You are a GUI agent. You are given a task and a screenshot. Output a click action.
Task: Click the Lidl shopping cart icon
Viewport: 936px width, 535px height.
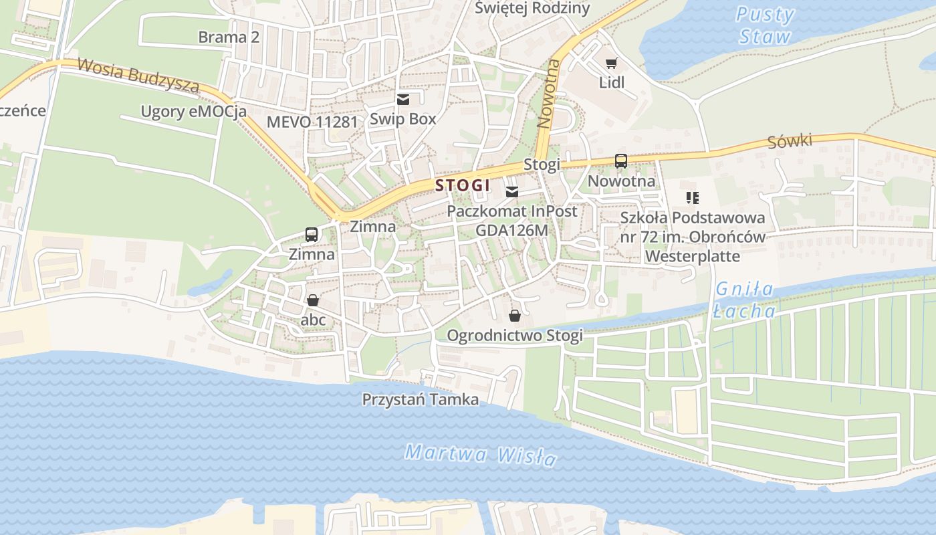click(x=611, y=64)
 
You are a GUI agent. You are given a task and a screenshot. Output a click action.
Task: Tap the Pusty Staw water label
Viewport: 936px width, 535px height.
click(x=765, y=25)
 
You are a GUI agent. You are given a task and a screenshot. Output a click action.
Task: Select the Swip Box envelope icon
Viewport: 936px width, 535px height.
click(x=403, y=100)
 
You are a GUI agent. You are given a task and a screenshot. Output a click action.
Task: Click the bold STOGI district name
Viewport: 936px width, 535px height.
click(x=463, y=185)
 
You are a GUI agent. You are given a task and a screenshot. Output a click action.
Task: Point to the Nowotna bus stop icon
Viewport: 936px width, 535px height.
click(x=621, y=161)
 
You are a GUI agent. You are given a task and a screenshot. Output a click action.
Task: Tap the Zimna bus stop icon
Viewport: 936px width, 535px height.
click(x=312, y=235)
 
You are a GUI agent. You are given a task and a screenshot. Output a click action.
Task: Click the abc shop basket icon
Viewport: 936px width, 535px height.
click(x=313, y=300)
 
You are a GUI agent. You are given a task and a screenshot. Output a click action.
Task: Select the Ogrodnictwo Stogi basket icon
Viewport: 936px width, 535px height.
click(x=515, y=315)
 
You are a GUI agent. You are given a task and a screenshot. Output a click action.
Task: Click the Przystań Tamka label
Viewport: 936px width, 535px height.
click(x=420, y=400)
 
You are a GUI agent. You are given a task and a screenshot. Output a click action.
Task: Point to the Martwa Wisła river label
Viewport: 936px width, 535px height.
click(x=480, y=455)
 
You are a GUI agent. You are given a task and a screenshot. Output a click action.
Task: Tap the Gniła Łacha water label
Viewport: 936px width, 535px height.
click(x=744, y=300)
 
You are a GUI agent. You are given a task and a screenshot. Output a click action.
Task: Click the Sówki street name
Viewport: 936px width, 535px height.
click(x=790, y=142)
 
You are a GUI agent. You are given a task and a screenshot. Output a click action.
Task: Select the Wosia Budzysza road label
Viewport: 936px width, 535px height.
click(x=138, y=75)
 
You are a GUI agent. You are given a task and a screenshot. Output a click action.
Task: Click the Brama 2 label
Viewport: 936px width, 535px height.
click(x=229, y=37)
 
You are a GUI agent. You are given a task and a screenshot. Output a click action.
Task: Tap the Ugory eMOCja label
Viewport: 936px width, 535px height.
click(x=193, y=111)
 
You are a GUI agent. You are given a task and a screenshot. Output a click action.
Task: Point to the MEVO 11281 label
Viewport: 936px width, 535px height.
click(x=312, y=122)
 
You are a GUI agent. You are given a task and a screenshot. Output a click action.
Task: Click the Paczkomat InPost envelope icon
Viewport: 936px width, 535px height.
click(x=512, y=193)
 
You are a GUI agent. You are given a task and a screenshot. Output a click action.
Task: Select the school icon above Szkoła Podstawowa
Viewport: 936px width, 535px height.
click(x=692, y=198)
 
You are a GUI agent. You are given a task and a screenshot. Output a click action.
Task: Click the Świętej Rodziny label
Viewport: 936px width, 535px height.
click(x=532, y=8)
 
